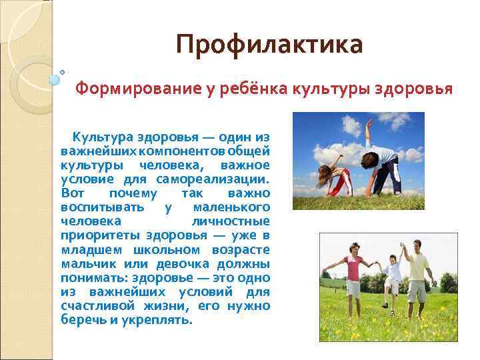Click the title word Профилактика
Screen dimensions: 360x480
(269, 45)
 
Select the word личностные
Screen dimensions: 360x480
(231, 221)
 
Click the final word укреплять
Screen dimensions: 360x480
(160, 319)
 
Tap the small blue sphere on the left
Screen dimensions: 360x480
(55, 79)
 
